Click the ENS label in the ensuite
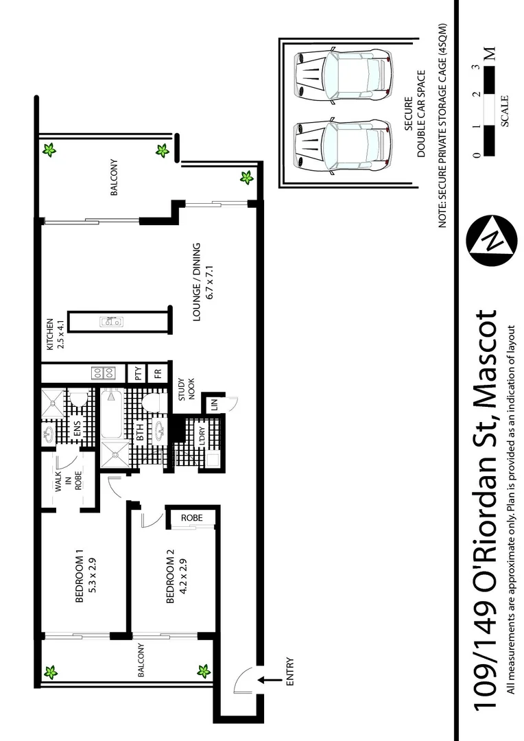pyautogui.click(x=78, y=432)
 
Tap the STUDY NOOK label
pyautogui.click(x=187, y=388)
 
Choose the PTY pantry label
pyautogui.click(x=138, y=373)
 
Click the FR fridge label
pyautogui.click(x=158, y=373)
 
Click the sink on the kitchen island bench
pyautogui.click(x=110, y=320)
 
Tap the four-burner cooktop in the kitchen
pyautogui.click(x=103, y=373)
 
